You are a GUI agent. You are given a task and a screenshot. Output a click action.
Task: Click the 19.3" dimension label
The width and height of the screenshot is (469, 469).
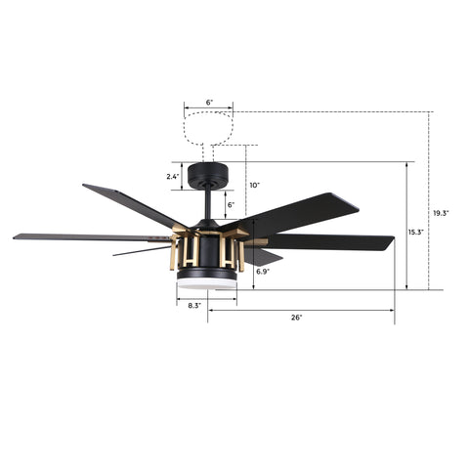point(441,213)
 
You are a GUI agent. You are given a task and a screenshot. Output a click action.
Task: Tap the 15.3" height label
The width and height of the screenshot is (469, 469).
point(416,233)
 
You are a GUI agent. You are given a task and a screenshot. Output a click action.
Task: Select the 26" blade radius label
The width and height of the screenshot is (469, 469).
point(297,318)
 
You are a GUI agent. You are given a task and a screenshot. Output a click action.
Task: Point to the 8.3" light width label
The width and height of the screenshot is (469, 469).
point(194,306)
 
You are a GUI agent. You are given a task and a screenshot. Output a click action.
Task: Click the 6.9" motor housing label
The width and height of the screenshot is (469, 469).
point(263,272)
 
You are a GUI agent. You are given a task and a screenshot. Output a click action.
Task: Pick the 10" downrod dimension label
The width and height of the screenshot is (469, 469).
point(255,186)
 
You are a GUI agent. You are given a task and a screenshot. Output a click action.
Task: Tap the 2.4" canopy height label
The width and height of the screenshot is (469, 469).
point(173,177)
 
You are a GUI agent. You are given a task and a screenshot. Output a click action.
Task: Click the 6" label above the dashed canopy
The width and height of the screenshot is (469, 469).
point(209,103)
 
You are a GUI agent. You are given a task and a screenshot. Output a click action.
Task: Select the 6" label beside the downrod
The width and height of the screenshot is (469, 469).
point(231,205)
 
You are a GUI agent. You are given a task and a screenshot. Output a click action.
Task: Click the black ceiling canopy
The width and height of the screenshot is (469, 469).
point(208,175)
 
